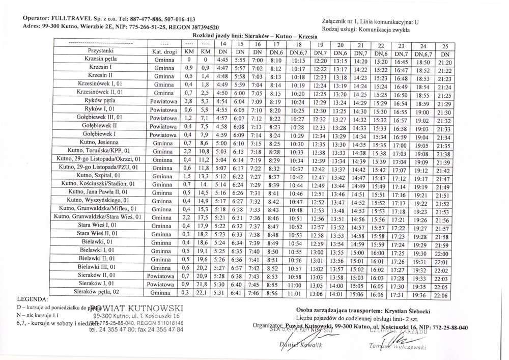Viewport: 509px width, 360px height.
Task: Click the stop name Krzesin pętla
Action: tap(102, 60)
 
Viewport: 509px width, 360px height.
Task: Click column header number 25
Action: tap(444, 46)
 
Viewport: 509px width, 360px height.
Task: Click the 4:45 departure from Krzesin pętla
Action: tap(222, 60)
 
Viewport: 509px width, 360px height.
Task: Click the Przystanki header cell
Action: tap(101, 51)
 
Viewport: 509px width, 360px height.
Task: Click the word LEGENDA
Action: tap(33, 299)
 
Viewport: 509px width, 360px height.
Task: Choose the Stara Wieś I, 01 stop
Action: tap(97, 225)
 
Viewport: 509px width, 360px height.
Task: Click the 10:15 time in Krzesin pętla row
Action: tap(298, 60)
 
